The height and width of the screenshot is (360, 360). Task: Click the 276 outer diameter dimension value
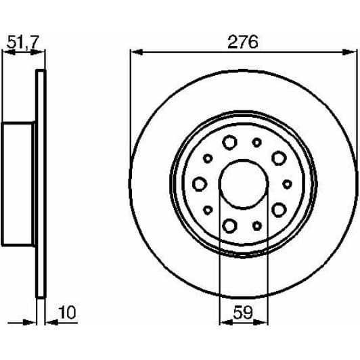(242, 42)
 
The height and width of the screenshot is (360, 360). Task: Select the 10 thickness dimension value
(66, 314)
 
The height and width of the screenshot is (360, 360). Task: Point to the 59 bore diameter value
(243, 314)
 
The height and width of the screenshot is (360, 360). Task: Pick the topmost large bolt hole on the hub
(229, 142)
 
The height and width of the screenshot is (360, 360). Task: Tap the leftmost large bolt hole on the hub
(200, 183)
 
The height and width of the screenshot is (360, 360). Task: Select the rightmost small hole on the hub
(287, 183)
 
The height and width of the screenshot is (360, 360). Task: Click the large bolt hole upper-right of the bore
(277, 157)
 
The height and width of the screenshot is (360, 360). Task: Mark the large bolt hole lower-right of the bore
(277, 210)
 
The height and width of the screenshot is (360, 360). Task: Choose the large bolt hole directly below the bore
(229, 225)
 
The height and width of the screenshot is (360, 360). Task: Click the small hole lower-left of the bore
(208, 210)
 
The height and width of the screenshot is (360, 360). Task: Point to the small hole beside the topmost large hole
(256, 142)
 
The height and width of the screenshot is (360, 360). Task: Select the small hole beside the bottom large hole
(256, 225)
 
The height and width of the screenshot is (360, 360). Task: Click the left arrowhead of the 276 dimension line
(134, 51)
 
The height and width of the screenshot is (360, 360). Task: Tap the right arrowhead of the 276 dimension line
(351, 51)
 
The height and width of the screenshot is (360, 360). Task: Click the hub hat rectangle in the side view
(19, 183)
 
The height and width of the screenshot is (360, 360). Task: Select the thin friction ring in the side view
(40, 183)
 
